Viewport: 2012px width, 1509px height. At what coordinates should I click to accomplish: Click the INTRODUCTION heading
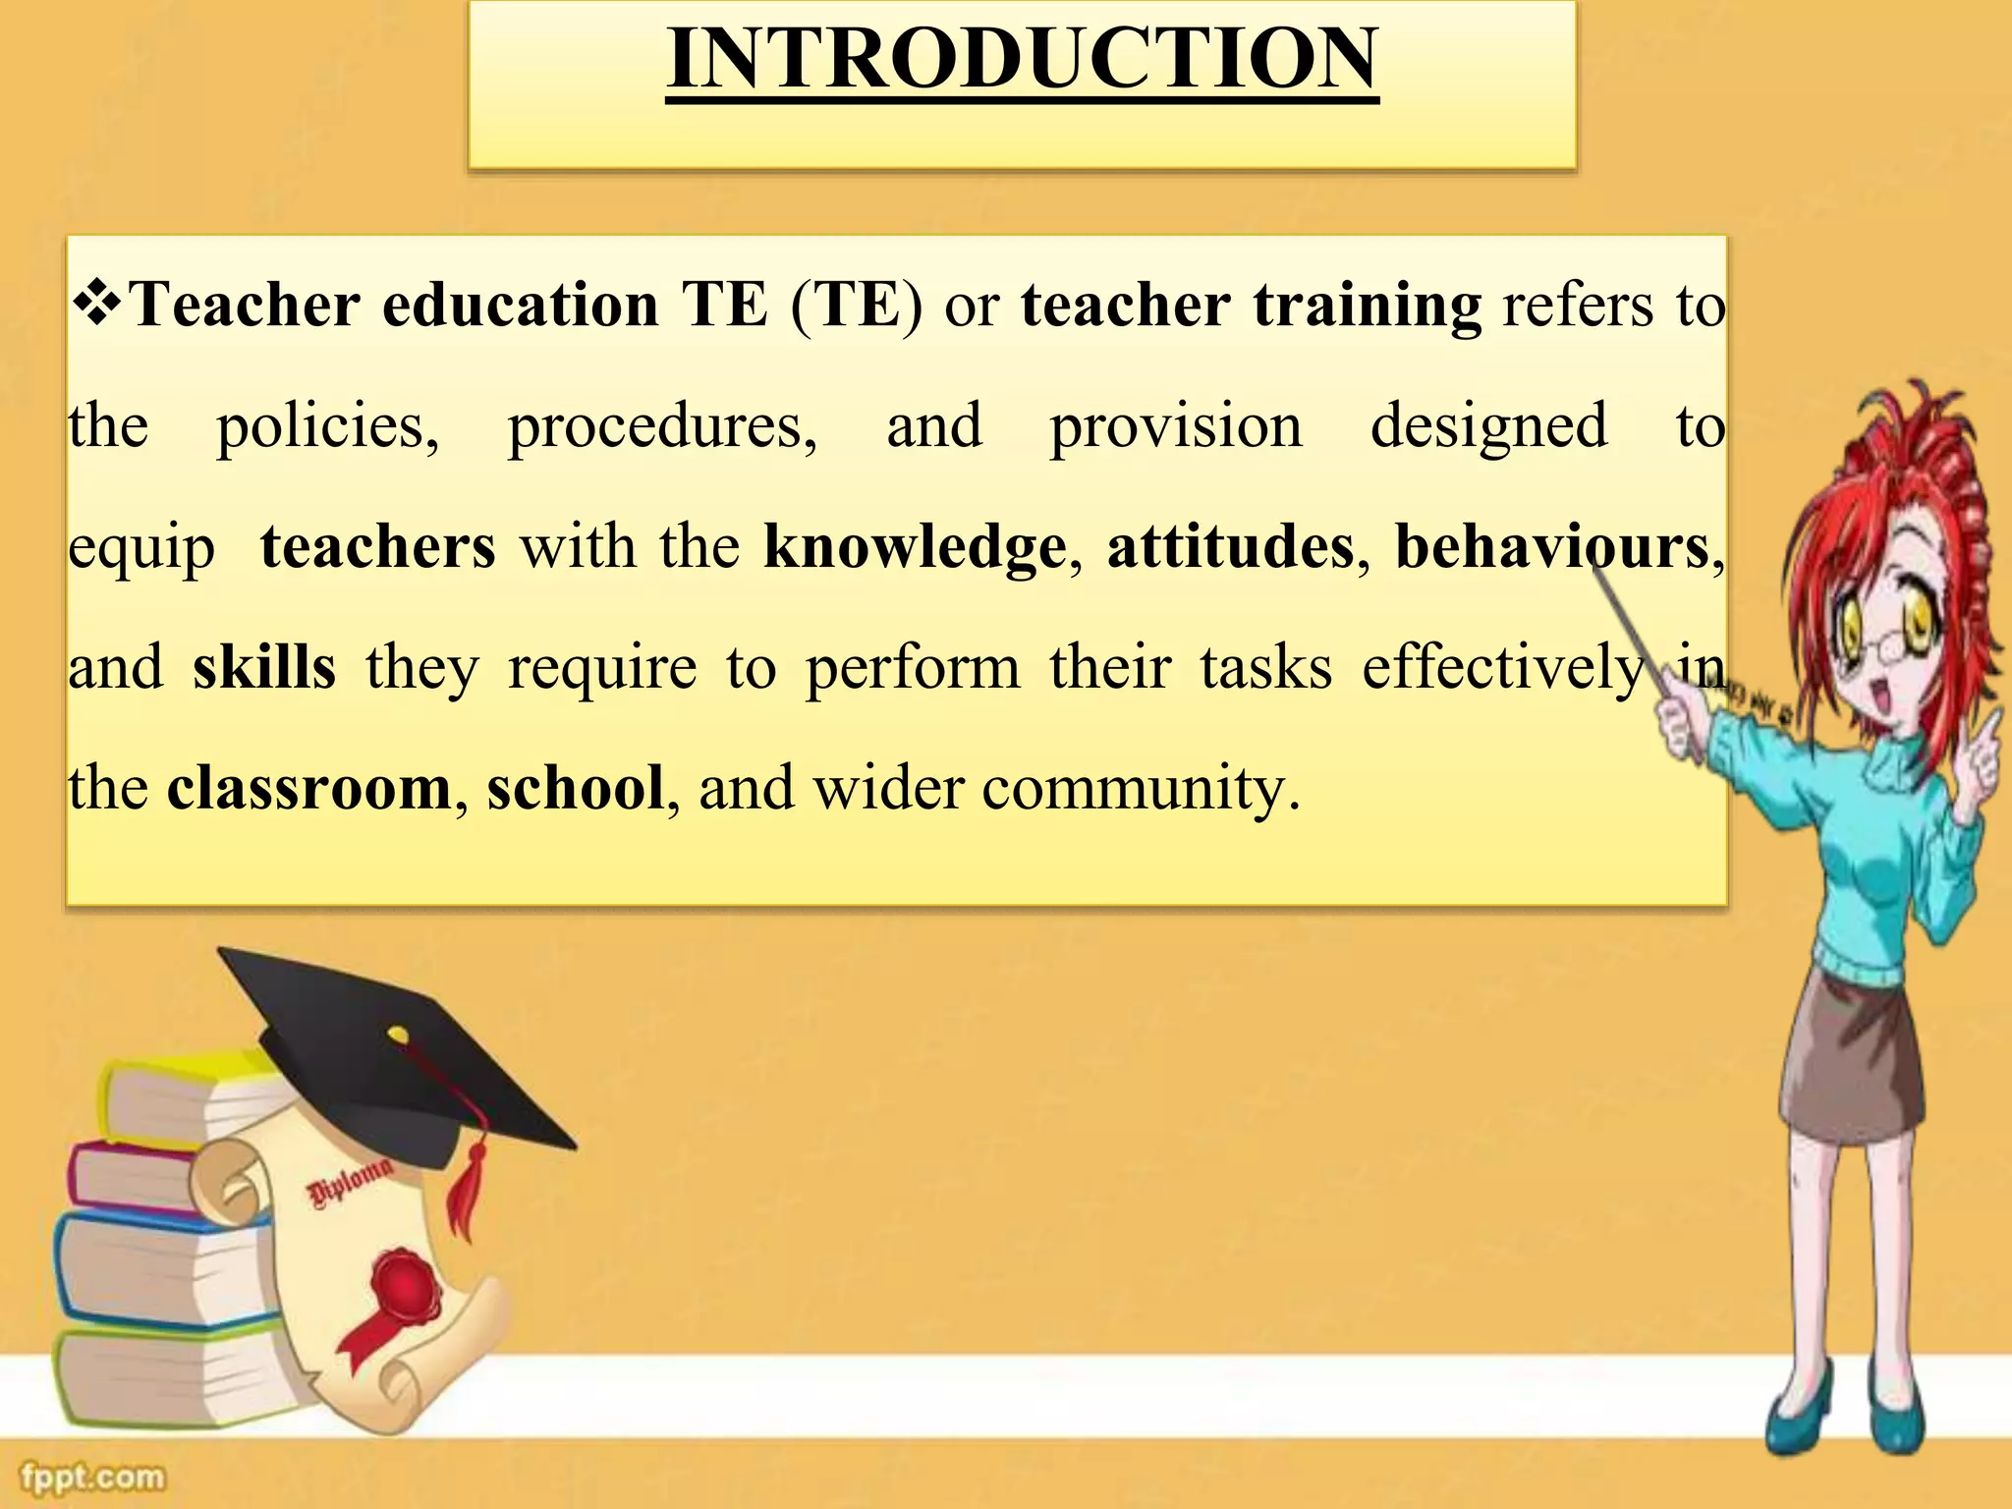coord(1022,59)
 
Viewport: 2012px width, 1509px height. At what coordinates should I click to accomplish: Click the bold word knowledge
coord(915,548)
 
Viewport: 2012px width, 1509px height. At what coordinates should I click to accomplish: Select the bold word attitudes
coord(1230,546)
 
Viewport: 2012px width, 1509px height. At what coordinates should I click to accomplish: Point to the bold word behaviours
coord(1552,546)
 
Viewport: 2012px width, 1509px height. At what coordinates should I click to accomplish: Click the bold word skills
coord(263,668)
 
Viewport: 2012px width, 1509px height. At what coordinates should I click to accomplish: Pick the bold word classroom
coord(308,789)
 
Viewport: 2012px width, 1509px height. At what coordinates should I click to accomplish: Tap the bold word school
coord(576,789)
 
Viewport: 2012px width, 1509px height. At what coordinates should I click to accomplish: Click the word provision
coord(1175,427)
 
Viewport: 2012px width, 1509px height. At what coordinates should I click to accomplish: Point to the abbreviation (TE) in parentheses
coord(857,306)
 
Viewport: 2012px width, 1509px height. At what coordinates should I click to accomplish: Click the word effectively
coord(1503,669)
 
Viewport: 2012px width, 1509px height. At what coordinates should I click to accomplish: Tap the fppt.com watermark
coord(93,1477)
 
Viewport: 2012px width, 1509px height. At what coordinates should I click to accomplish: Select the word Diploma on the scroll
coord(349,1184)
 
